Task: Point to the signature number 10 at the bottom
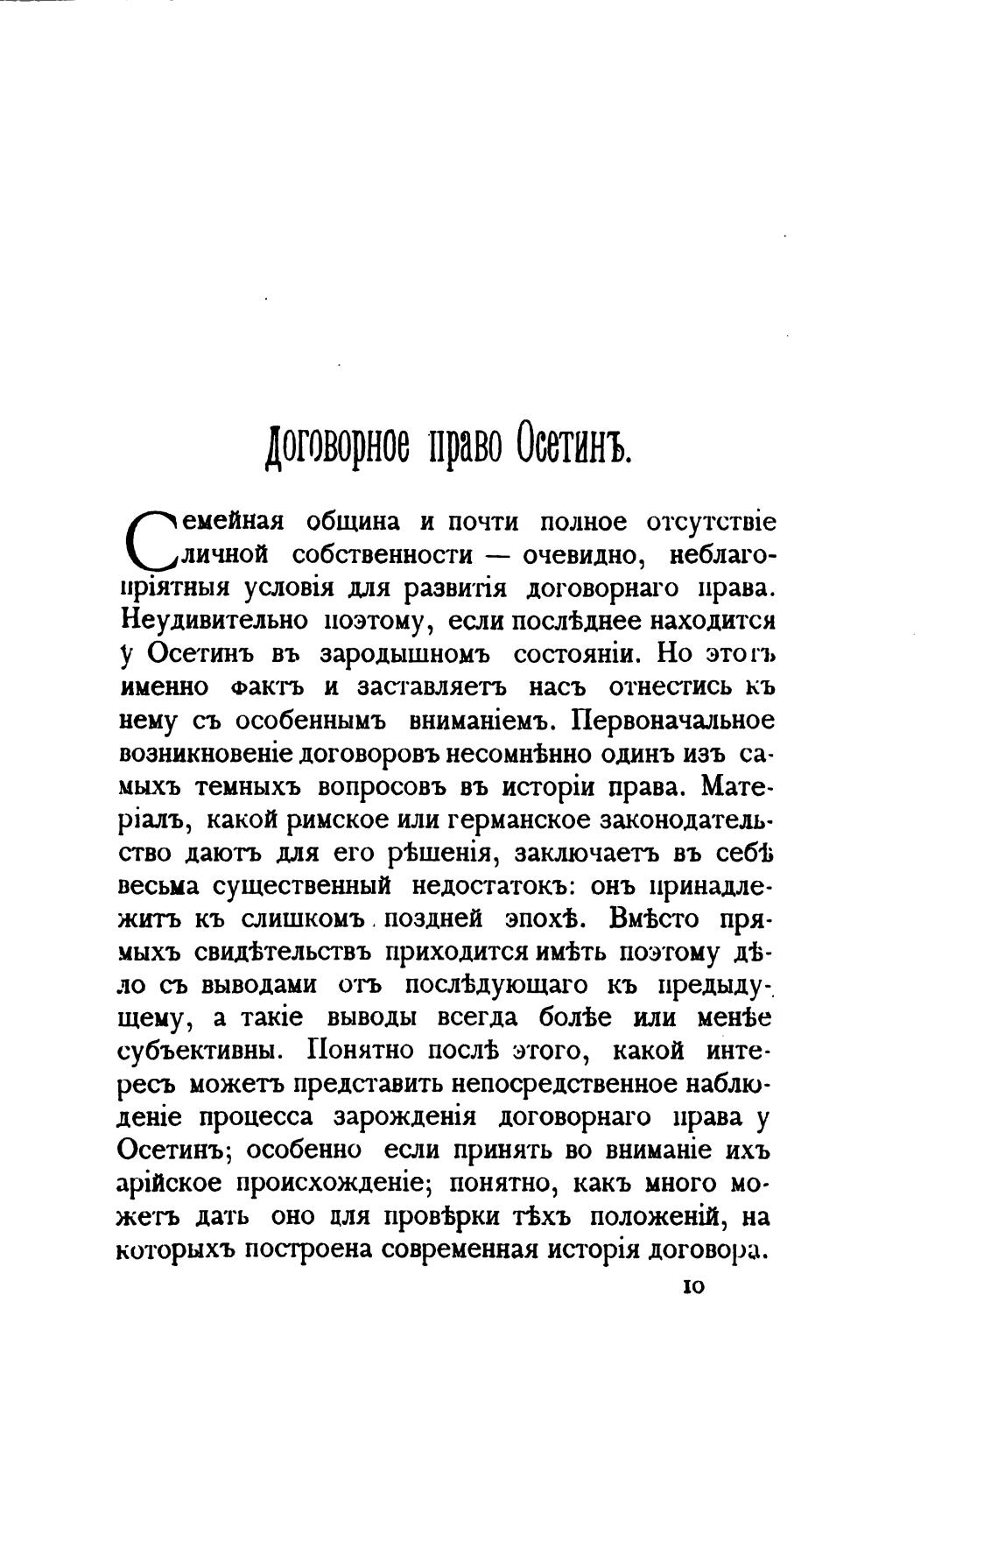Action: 690,1286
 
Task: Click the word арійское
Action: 170,1186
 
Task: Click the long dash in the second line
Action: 497,556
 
